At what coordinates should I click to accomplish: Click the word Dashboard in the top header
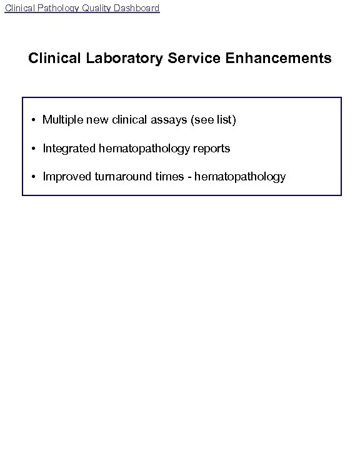point(136,8)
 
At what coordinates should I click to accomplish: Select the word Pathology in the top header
point(59,8)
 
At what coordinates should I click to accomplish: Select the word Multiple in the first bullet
point(61,120)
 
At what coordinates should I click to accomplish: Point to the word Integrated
point(69,149)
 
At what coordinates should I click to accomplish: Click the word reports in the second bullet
point(212,149)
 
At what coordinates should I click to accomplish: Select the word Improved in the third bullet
point(66,177)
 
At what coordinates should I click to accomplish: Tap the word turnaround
point(120,177)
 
